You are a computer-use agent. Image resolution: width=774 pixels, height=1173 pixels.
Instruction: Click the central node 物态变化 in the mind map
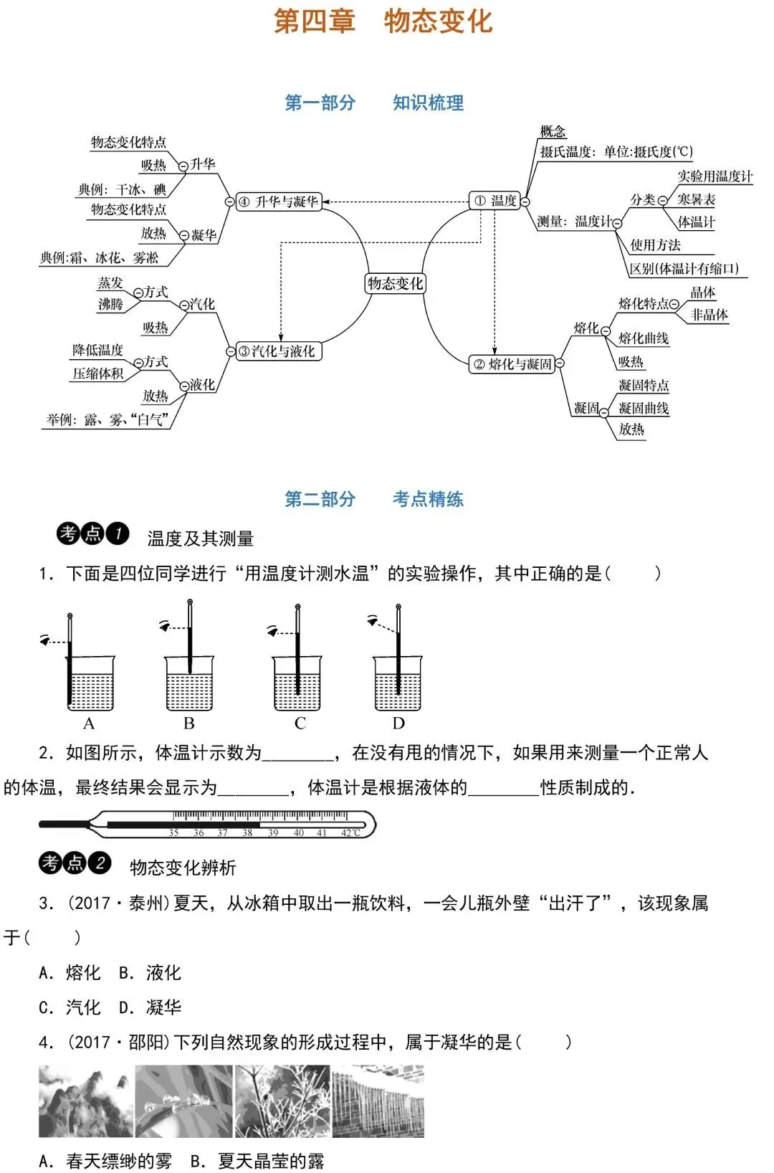click(395, 284)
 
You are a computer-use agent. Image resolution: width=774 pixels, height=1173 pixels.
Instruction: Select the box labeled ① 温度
click(495, 201)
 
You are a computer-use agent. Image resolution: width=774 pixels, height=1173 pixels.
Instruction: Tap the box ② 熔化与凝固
click(512, 364)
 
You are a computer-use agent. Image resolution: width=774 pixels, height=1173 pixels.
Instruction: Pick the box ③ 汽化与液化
click(279, 351)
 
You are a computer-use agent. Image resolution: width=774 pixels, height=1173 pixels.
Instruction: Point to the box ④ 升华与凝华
click(279, 202)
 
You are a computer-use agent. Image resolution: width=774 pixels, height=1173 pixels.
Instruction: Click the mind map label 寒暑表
click(696, 199)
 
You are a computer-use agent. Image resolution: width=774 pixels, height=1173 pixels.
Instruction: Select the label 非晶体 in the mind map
click(709, 315)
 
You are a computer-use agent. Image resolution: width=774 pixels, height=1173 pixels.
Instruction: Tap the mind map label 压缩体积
click(98, 374)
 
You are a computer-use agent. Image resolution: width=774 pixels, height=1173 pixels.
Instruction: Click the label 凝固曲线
click(644, 408)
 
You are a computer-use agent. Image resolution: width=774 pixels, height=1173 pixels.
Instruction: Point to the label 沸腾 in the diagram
click(110, 305)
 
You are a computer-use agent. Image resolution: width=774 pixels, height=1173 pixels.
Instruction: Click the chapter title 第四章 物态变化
click(384, 22)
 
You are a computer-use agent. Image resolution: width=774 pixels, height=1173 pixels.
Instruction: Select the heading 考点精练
click(428, 499)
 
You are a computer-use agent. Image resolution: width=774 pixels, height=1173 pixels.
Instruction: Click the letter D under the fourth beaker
click(398, 723)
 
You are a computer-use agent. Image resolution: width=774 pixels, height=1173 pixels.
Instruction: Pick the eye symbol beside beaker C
click(272, 631)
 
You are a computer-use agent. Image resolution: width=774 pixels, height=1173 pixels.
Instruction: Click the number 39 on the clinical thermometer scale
click(273, 833)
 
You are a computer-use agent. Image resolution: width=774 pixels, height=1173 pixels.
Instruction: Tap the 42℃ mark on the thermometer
click(350, 833)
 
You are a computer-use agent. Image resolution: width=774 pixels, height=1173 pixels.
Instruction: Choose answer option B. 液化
click(150, 973)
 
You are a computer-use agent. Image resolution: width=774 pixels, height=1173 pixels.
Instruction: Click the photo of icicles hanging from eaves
click(378, 1101)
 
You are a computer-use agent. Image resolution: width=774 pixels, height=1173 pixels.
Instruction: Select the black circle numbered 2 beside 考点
click(100, 863)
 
